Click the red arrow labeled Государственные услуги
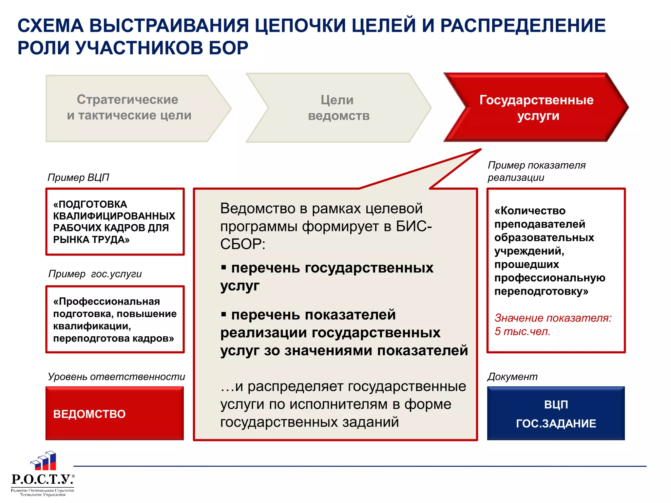tap(536, 107)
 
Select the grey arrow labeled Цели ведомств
tap(338, 108)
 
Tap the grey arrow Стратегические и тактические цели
tap(129, 108)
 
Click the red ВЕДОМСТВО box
tap(114, 413)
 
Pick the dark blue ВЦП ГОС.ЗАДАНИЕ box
tap(556, 413)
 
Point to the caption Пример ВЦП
tap(78, 177)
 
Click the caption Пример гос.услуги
tap(95, 274)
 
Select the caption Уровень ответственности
tap(116, 377)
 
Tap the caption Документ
tap(512, 377)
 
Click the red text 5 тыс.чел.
tap(522, 331)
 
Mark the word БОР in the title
tap(228, 48)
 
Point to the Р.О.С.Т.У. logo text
tap(42, 479)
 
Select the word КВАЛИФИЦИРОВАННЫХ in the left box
tap(114, 216)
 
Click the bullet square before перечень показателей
tap(224, 315)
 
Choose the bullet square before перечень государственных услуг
tap(224, 268)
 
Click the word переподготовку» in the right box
tap(541, 291)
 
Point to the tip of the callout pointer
tap(481, 149)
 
